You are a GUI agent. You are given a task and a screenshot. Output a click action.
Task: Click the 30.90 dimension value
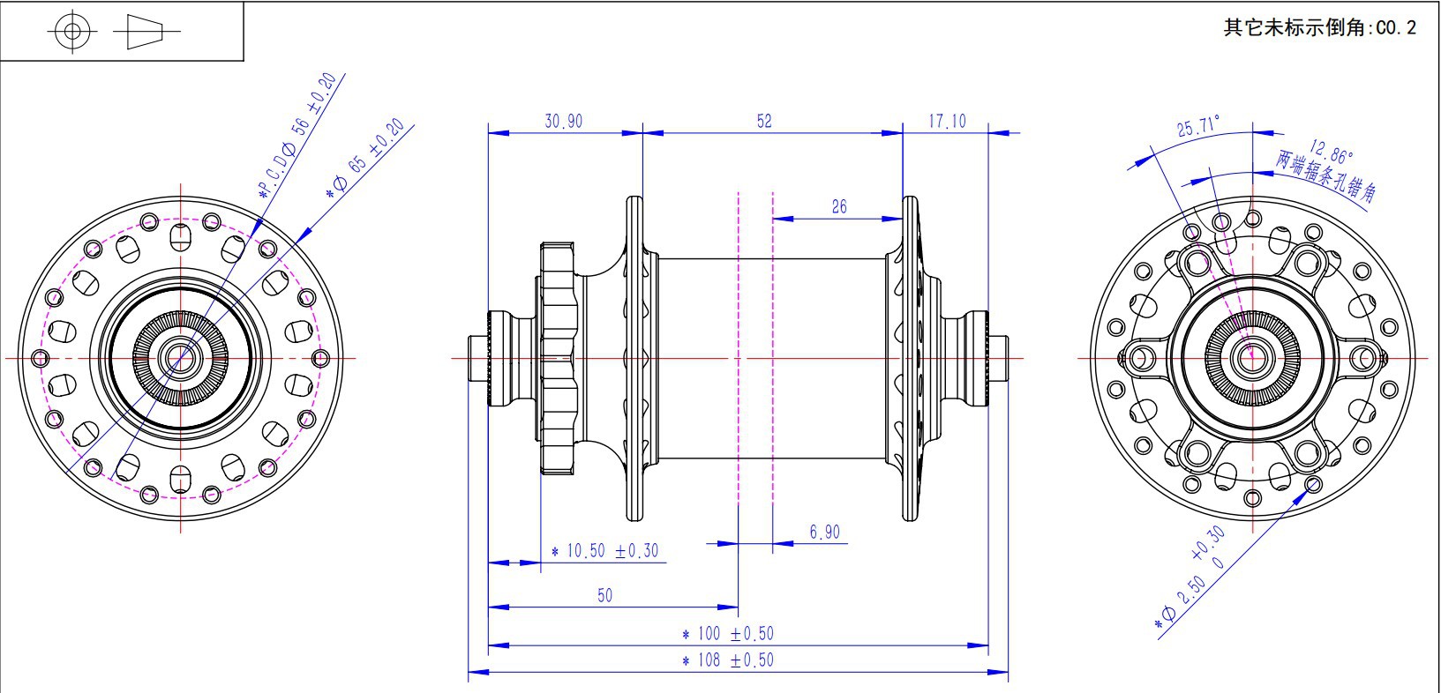click(x=564, y=121)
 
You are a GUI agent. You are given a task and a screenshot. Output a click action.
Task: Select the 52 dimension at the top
click(x=764, y=121)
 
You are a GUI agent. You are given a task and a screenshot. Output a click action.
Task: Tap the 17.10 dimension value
click(x=947, y=121)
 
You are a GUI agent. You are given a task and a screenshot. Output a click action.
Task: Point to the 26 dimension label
click(x=839, y=206)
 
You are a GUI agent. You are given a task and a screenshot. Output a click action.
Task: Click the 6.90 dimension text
click(x=825, y=532)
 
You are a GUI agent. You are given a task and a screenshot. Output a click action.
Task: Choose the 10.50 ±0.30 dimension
click(x=604, y=551)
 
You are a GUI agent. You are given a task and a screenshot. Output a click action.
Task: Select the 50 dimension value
click(x=604, y=595)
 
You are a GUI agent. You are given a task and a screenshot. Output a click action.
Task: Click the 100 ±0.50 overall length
click(x=728, y=633)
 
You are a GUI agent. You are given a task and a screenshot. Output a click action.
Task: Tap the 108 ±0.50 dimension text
click(x=728, y=660)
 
